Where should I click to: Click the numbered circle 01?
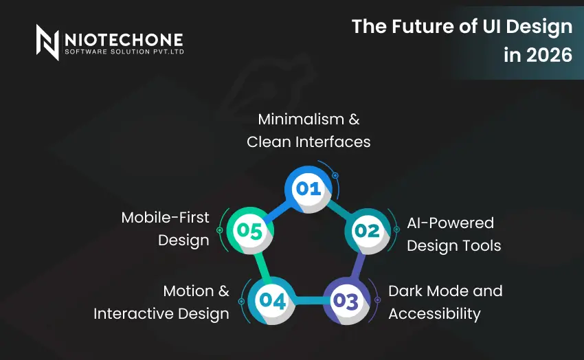pos(309,188)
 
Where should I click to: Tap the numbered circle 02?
pos(368,230)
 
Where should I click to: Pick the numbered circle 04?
pos(272,300)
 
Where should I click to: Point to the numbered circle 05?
pos(249,230)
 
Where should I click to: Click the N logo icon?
pos(48,42)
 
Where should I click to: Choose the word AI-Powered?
pos(450,223)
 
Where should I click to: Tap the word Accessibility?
pos(434,314)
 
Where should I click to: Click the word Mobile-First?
pos(165,217)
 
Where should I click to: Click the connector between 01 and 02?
pos(339,207)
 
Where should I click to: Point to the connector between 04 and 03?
pos(309,300)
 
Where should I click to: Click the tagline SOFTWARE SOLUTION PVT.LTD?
pos(124,52)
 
